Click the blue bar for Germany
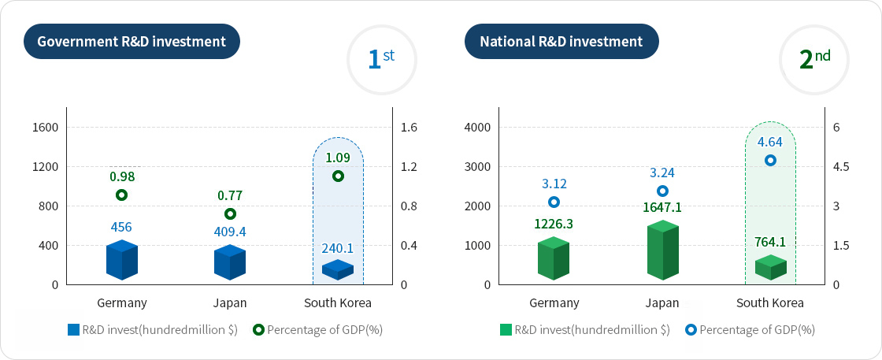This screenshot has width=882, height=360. point(121,261)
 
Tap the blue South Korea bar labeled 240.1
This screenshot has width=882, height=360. point(338,269)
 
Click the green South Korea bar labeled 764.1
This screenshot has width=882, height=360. point(770,268)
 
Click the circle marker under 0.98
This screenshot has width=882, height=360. point(121,195)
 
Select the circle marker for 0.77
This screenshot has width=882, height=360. point(230,213)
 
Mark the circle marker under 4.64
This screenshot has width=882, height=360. point(770,160)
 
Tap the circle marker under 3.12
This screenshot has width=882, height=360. point(554,202)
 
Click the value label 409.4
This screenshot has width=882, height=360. point(230,232)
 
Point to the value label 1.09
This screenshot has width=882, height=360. point(339,158)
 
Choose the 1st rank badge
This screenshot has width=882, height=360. point(382,59)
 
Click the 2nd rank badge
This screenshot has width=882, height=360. point(813,59)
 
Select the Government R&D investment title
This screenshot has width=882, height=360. point(132,42)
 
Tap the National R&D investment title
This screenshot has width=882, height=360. point(561,42)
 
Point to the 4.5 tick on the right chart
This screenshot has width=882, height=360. point(840,167)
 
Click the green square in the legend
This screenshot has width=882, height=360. point(506,330)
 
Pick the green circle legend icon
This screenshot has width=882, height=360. point(258,330)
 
